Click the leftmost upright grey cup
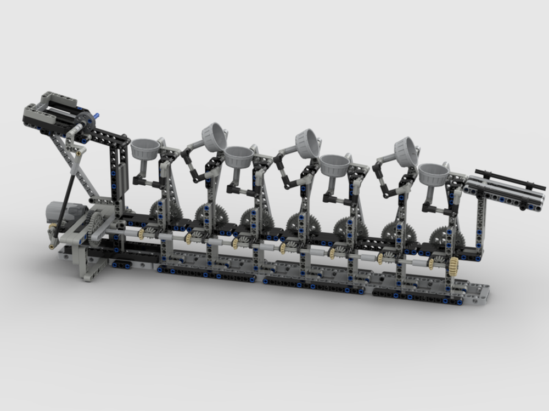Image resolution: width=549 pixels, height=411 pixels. [x=145, y=148]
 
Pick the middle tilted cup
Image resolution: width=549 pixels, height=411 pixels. [x=308, y=142]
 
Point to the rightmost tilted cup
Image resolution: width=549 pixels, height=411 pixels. [x=406, y=151]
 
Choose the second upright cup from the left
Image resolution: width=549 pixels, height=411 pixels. [x=238, y=156]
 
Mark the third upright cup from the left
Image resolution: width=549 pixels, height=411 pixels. [x=335, y=164]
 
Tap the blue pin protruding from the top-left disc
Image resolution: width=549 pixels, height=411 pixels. [x=97, y=116]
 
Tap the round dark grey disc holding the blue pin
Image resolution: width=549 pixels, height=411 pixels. [x=85, y=121]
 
